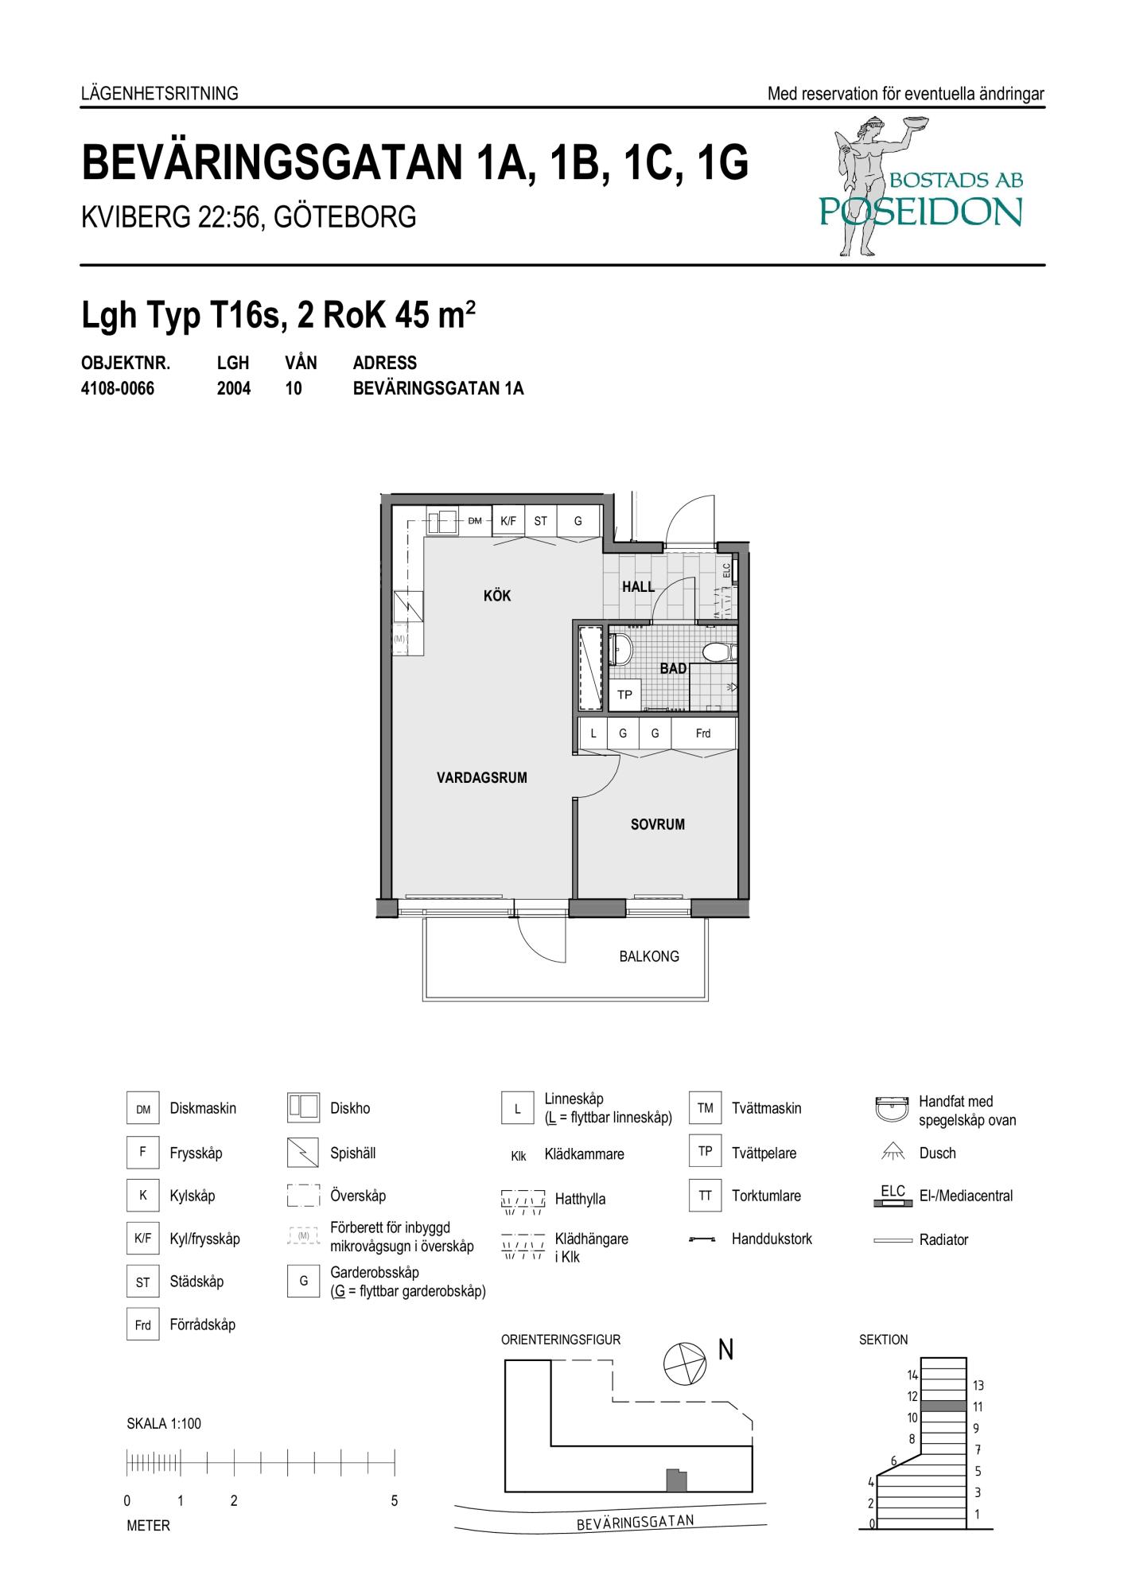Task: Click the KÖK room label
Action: coord(497,596)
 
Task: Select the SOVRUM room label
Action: coord(658,825)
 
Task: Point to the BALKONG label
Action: coord(649,956)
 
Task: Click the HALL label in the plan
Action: coord(639,587)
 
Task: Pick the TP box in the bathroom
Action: coord(625,695)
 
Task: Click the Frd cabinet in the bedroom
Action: coord(703,733)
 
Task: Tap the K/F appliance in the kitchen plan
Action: coord(508,521)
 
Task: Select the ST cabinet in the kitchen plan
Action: coord(541,521)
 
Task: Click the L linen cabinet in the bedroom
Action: coord(593,733)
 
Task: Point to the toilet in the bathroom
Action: coord(721,652)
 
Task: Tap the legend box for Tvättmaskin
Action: coord(706,1108)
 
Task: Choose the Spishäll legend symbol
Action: coord(303,1153)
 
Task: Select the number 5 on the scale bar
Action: coord(395,1501)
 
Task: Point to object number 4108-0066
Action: coord(118,389)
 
